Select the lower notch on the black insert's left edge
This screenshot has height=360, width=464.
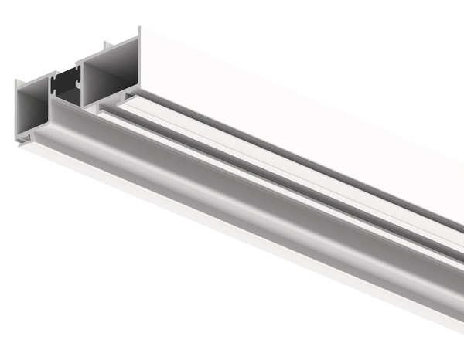coord(55,93)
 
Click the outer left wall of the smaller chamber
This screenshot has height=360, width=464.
coord(17,112)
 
